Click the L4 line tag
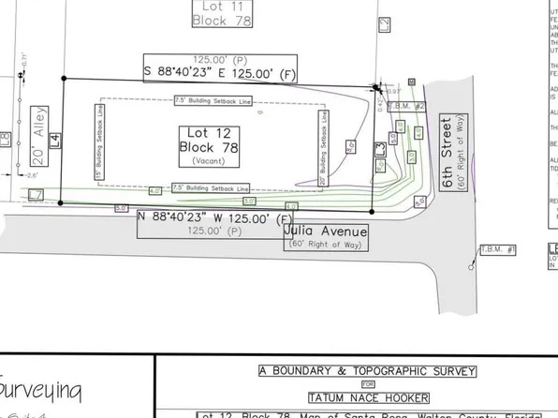tap(55, 141)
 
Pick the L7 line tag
tap(36, 194)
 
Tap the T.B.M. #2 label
tap(413, 107)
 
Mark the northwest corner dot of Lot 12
tap(63, 79)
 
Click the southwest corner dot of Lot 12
tap(60, 202)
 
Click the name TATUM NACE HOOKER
tap(368, 396)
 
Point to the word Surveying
tap(40, 388)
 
